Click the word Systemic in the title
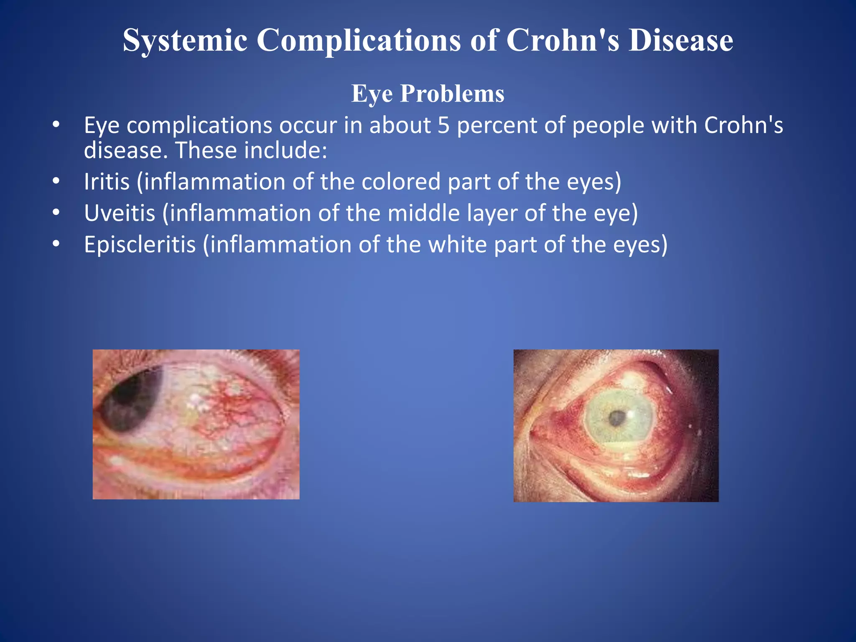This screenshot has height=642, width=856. pos(185,41)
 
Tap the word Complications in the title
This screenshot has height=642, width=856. pos(358,41)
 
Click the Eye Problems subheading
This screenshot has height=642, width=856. pos(428,93)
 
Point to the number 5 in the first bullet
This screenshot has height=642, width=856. pos(443,125)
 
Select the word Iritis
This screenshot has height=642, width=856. pos(107,182)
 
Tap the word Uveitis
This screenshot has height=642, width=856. pos(120,213)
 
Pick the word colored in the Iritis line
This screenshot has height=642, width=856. pos(401,182)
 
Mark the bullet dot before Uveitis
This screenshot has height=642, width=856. pos(56,213)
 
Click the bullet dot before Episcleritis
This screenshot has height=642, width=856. pos(56,245)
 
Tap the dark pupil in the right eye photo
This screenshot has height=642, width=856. pos(616,418)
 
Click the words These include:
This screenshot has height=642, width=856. pos(251,150)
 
